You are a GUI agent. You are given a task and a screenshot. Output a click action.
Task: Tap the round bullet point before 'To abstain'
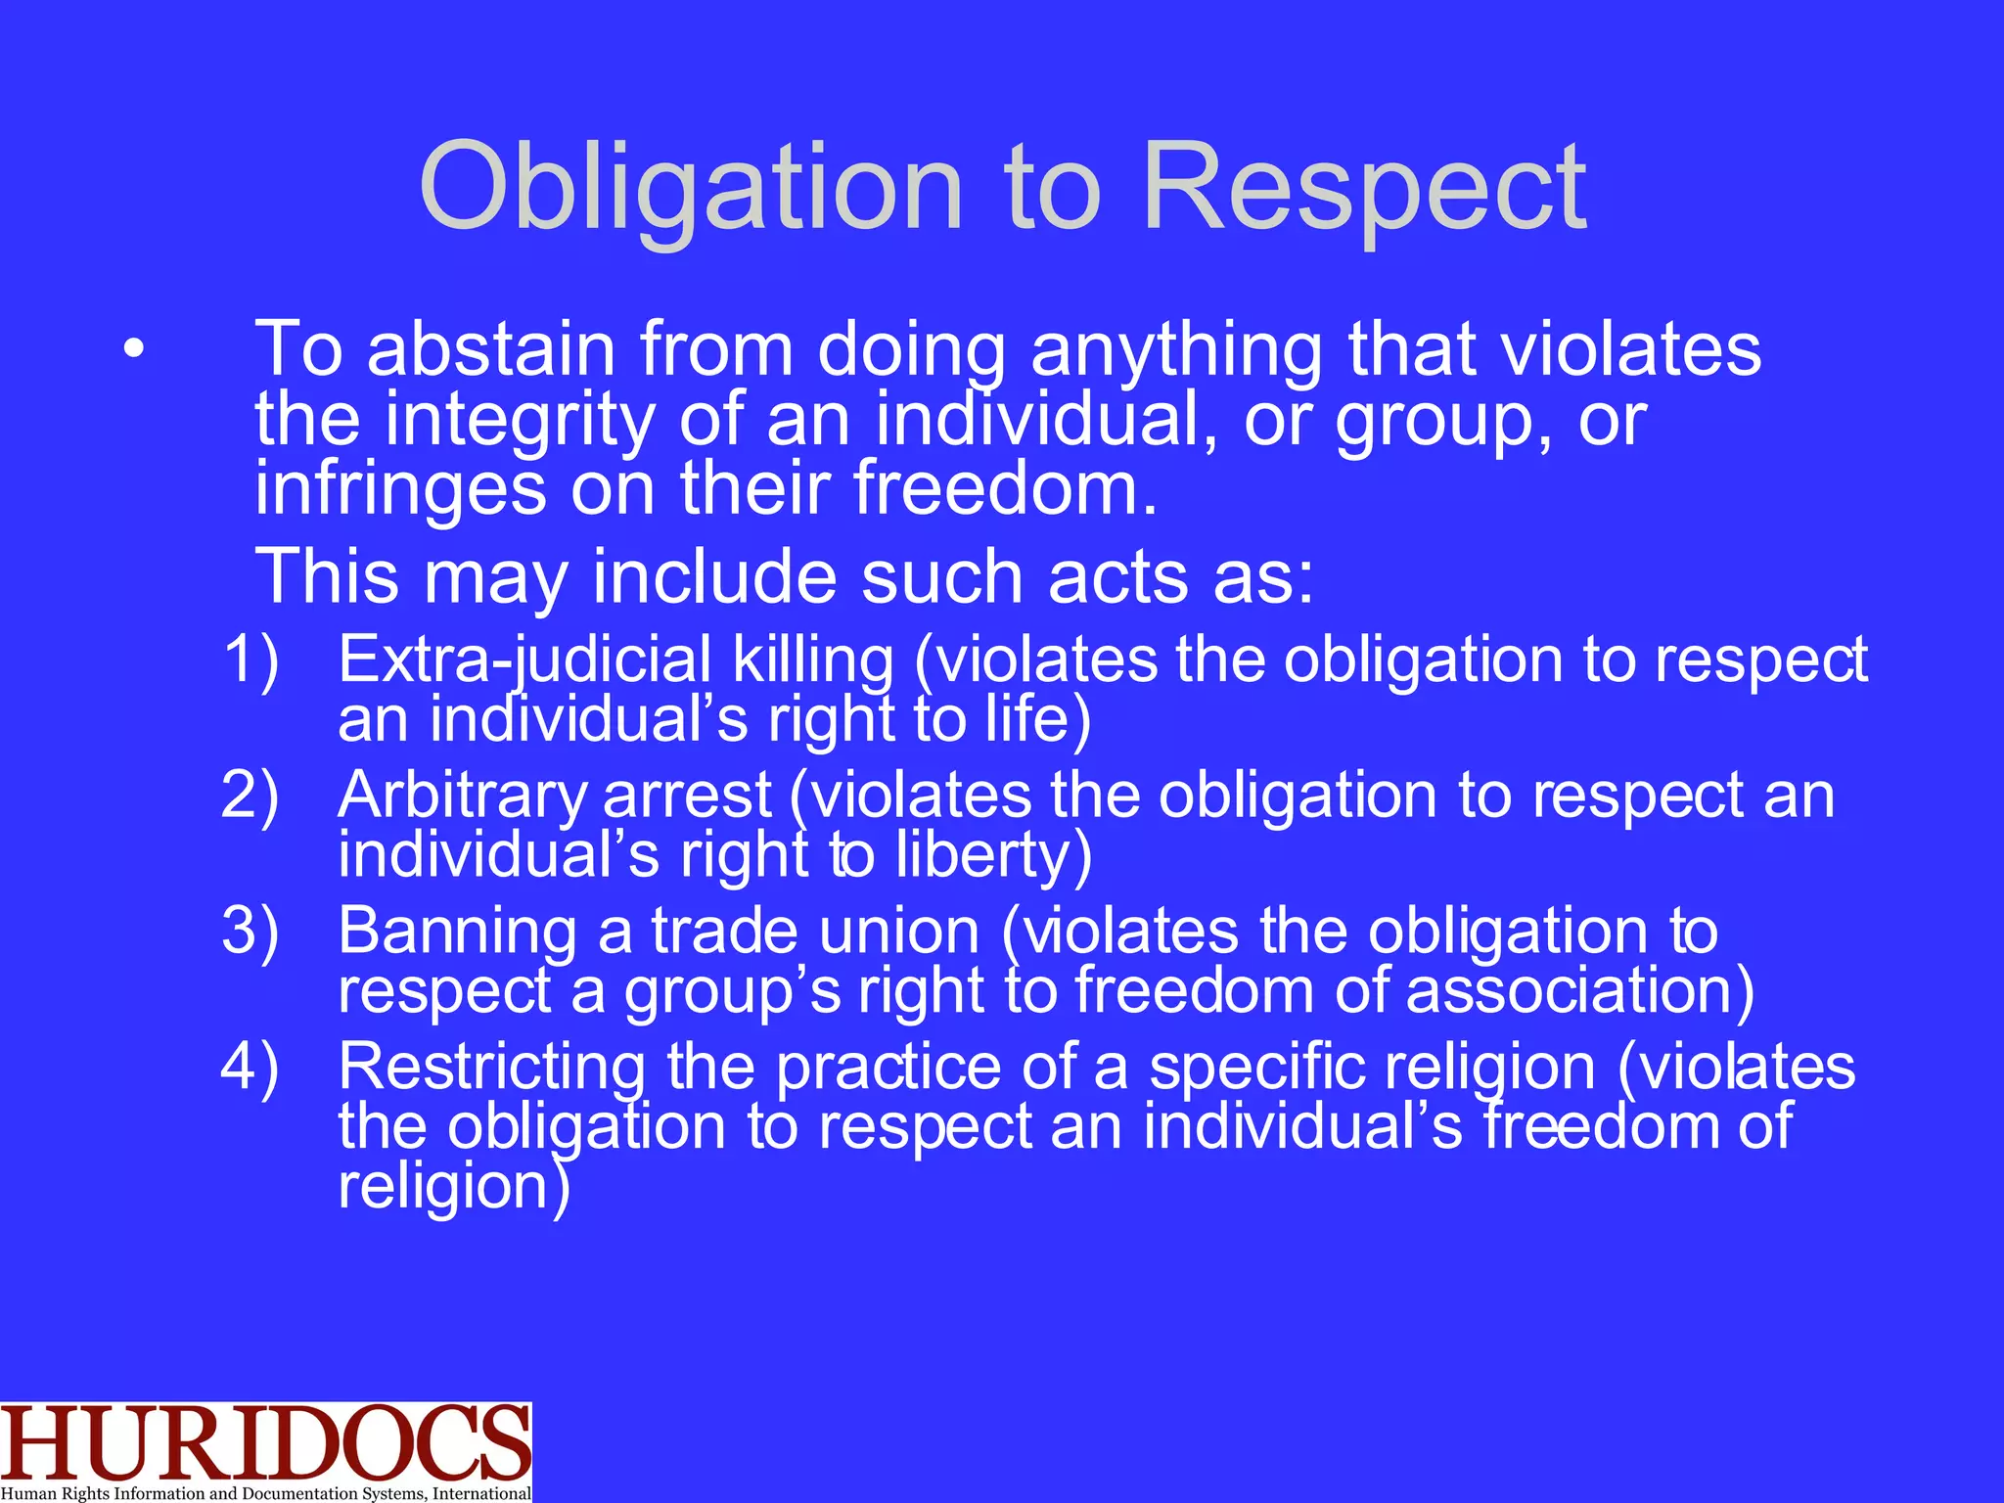(134, 349)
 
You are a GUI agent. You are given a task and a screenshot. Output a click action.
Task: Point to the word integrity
(519, 420)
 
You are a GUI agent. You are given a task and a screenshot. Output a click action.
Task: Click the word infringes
(400, 488)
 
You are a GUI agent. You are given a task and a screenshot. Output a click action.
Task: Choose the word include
(714, 576)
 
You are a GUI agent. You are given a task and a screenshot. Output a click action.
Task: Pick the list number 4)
(251, 1066)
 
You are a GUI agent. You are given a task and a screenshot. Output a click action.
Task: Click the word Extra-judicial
(524, 660)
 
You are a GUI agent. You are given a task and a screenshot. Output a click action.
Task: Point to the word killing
(813, 660)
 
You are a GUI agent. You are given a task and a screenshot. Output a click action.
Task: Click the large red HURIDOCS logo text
(264, 1442)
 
